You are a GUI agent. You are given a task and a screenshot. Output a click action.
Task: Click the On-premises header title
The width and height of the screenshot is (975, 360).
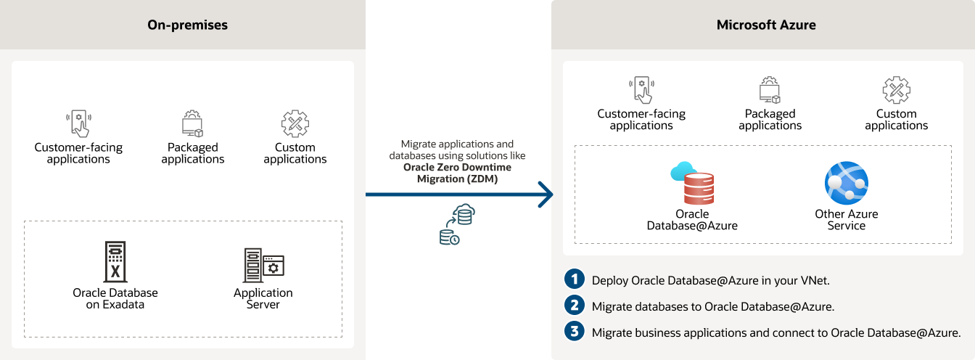(188, 25)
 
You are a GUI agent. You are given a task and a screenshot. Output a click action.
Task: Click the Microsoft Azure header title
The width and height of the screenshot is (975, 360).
(766, 25)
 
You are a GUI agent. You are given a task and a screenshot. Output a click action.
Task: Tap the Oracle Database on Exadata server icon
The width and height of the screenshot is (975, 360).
(115, 261)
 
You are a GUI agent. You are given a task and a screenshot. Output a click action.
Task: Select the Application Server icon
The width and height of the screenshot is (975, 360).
(263, 265)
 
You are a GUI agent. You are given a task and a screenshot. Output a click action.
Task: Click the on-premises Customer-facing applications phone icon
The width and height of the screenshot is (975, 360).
(78, 124)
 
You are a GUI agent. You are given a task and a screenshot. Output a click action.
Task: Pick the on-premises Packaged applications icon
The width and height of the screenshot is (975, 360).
(192, 124)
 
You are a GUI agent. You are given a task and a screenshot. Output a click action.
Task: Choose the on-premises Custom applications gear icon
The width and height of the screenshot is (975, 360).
(295, 124)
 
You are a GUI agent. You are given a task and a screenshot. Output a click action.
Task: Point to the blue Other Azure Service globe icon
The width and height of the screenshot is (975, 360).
(846, 184)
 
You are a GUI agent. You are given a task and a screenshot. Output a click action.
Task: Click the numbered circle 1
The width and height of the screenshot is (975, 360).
(575, 279)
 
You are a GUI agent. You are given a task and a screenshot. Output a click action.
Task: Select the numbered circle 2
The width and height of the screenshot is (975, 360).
(575, 306)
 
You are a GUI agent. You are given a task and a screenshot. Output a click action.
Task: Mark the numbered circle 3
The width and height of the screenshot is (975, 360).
(575, 332)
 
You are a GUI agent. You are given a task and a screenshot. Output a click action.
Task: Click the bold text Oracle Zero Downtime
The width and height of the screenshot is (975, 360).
(457, 168)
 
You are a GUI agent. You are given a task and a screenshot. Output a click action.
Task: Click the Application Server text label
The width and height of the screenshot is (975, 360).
(263, 298)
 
